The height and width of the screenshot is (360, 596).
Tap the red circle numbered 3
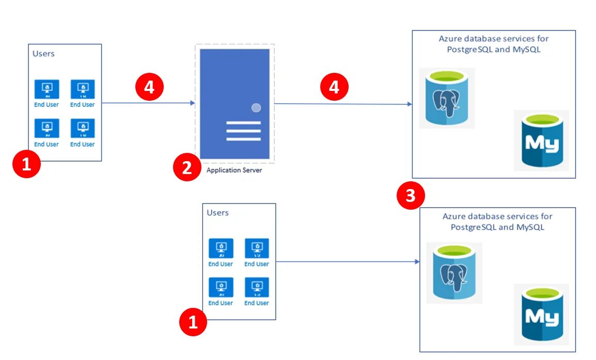[x=411, y=196]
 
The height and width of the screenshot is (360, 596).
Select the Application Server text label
[x=234, y=170]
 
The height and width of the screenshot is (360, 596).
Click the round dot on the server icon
[x=256, y=107]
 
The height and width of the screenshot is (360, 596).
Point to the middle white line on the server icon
[x=243, y=131]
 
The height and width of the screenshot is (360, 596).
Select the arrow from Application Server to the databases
[x=343, y=104]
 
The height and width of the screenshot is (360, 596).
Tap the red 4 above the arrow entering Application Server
[x=149, y=87]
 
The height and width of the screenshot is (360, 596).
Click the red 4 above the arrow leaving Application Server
[x=334, y=87]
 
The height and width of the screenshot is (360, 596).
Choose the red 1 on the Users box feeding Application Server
[x=26, y=165]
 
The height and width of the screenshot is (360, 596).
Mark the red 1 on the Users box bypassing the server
[x=193, y=322]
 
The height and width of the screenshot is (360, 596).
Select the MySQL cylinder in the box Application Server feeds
[x=541, y=140]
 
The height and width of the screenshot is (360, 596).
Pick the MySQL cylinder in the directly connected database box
[x=541, y=314]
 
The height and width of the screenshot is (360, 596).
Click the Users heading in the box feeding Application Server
[x=43, y=53]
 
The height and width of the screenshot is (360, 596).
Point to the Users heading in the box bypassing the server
[x=217, y=212]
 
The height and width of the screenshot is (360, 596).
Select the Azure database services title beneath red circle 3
[x=497, y=222]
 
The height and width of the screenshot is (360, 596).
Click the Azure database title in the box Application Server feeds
[x=493, y=44]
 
